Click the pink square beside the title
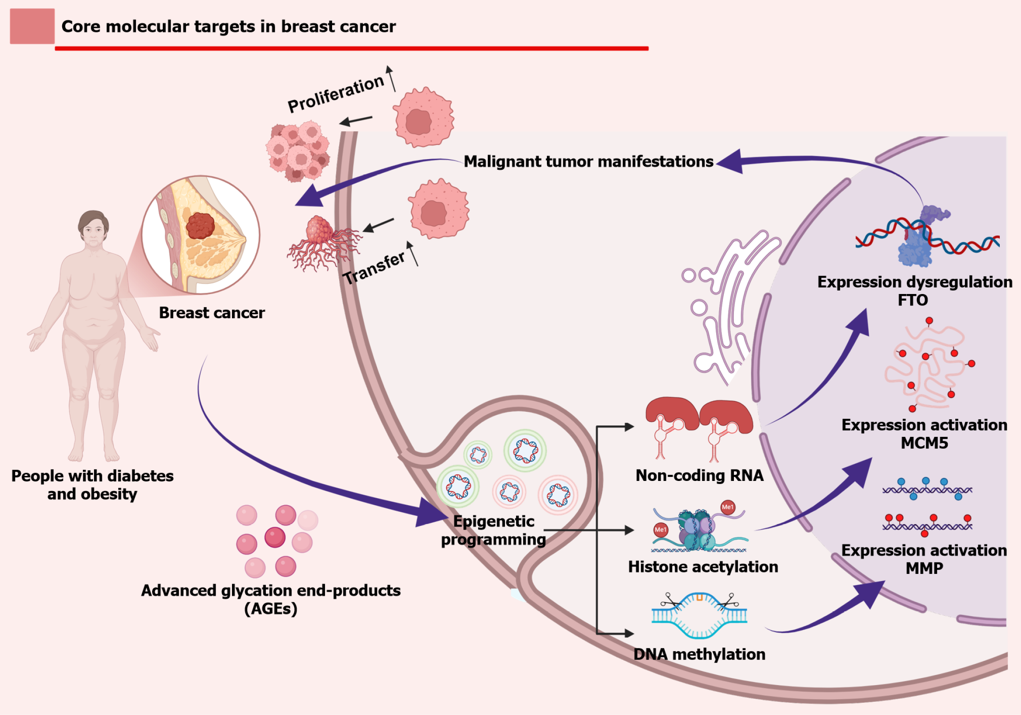(x=32, y=26)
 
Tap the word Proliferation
(x=336, y=94)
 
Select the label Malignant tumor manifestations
(x=588, y=162)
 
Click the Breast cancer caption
(x=212, y=313)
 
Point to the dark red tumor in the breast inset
(x=200, y=225)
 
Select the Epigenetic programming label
(x=494, y=530)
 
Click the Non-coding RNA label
(x=699, y=476)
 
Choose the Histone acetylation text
(x=703, y=567)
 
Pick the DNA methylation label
(x=699, y=655)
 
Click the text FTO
(x=913, y=300)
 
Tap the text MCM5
(x=924, y=443)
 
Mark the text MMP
(x=924, y=568)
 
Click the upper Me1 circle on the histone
(x=728, y=507)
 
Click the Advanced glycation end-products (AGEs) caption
(x=270, y=599)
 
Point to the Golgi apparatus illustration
(x=729, y=307)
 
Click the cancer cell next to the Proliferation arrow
(x=423, y=117)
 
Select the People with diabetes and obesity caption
(x=93, y=485)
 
